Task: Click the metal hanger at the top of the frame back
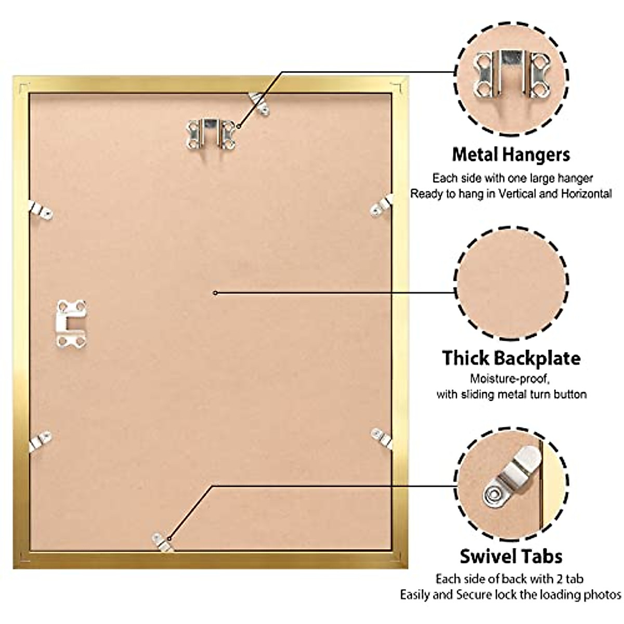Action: (211, 133)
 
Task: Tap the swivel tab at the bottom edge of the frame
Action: (162, 540)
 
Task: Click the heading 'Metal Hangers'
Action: (511, 154)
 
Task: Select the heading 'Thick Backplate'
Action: (511, 358)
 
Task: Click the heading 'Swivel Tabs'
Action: (511, 556)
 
